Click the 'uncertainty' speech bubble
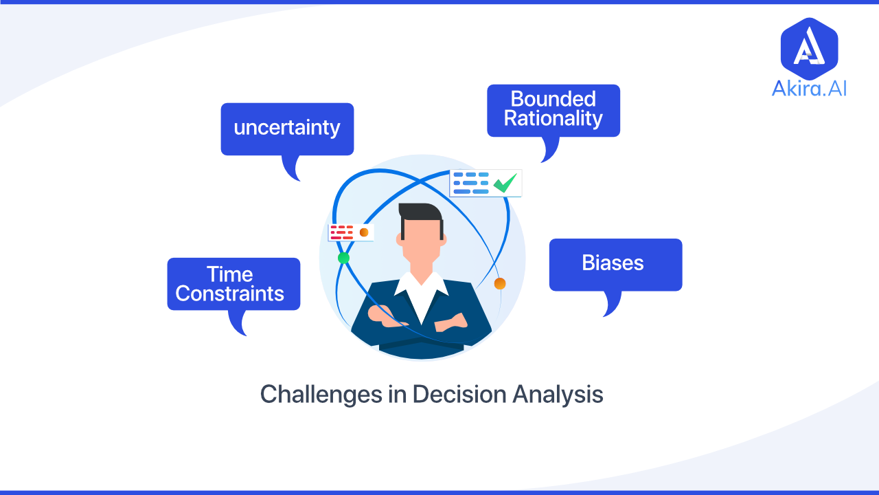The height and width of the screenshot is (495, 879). point(287,129)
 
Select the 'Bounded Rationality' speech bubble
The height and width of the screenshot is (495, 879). point(553,110)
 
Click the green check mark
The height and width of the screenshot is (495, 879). point(505,183)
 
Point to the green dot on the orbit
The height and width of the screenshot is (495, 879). point(343,258)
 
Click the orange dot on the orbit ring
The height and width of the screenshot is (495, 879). point(500,283)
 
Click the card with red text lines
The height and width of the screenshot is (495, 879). point(350,232)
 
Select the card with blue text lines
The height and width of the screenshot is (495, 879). point(486,183)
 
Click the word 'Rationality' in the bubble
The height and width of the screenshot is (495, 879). point(553,119)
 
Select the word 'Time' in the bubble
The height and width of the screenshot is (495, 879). point(230,274)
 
